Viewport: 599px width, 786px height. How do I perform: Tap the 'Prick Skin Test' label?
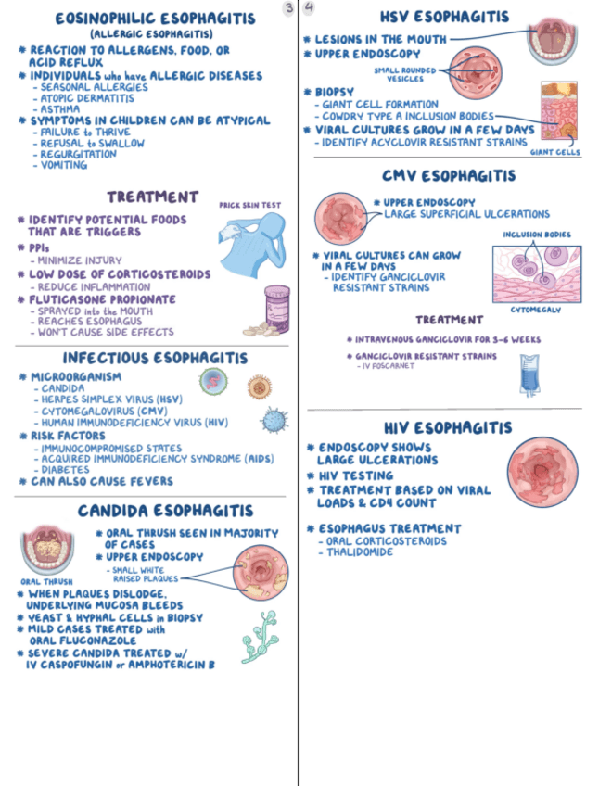(x=249, y=205)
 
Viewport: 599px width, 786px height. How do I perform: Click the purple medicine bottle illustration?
(x=275, y=305)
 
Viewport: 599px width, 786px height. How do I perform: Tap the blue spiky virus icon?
(x=274, y=421)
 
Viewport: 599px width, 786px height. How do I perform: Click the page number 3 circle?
(x=289, y=7)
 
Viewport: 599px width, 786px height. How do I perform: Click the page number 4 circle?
(x=308, y=7)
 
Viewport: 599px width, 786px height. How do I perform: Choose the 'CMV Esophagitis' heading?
(x=448, y=175)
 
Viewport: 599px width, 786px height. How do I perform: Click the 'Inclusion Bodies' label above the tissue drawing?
(x=537, y=235)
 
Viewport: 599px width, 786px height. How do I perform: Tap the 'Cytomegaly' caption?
(x=536, y=310)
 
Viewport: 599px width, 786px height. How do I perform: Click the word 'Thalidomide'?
(x=360, y=552)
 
